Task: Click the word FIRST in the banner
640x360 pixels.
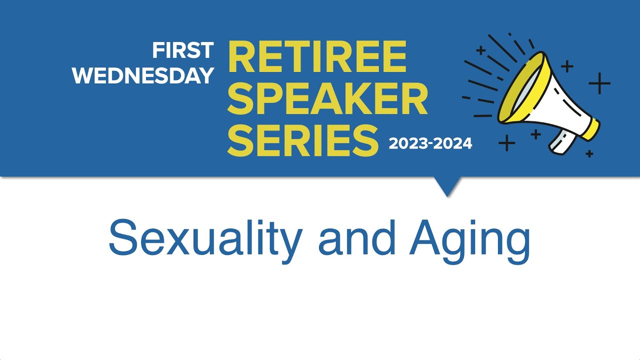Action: pyautogui.click(x=183, y=50)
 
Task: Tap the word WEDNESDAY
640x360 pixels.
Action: pyautogui.click(x=143, y=75)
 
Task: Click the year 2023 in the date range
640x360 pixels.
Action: pyautogui.click(x=406, y=144)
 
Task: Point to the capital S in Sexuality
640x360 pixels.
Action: pyautogui.click(x=122, y=238)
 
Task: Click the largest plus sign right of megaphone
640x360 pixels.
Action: pyautogui.click(x=599, y=83)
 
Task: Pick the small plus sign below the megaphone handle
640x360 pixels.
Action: pyautogui.click(x=589, y=153)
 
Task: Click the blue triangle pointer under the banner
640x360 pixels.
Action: pyautogui.click(x=447, y=186)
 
